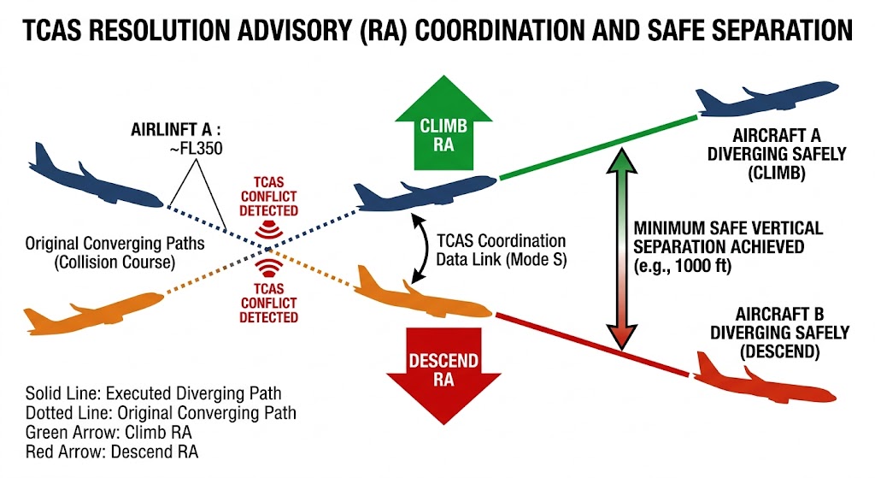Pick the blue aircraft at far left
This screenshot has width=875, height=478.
click(x=90, y=175)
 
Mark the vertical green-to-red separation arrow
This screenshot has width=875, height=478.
click(x=621, y=247)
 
